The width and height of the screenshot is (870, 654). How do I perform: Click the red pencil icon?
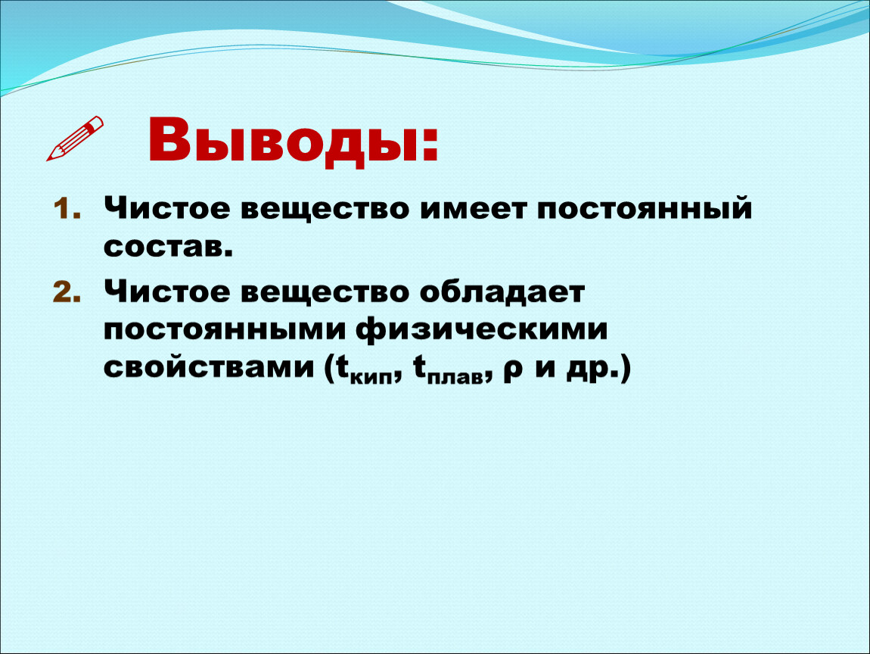point(75,139)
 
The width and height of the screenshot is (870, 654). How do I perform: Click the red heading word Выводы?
point(283,141)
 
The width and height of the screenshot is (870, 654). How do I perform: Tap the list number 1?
point(66,210)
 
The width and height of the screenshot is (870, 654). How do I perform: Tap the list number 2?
point(66,292)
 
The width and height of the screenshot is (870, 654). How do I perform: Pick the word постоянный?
point(644,209)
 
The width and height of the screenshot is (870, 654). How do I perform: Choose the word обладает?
point(502,293)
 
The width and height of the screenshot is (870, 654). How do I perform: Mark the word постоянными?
point(224,330)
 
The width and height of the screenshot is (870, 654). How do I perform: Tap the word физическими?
point(482,329)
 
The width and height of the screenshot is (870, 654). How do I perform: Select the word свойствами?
point(209,368)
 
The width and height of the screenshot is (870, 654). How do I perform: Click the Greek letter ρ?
point(513,371)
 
